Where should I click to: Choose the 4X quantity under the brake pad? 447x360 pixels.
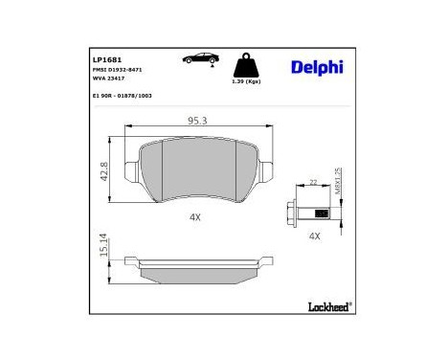tap(195, 217)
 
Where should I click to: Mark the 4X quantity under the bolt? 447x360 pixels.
tap(313, 235)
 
